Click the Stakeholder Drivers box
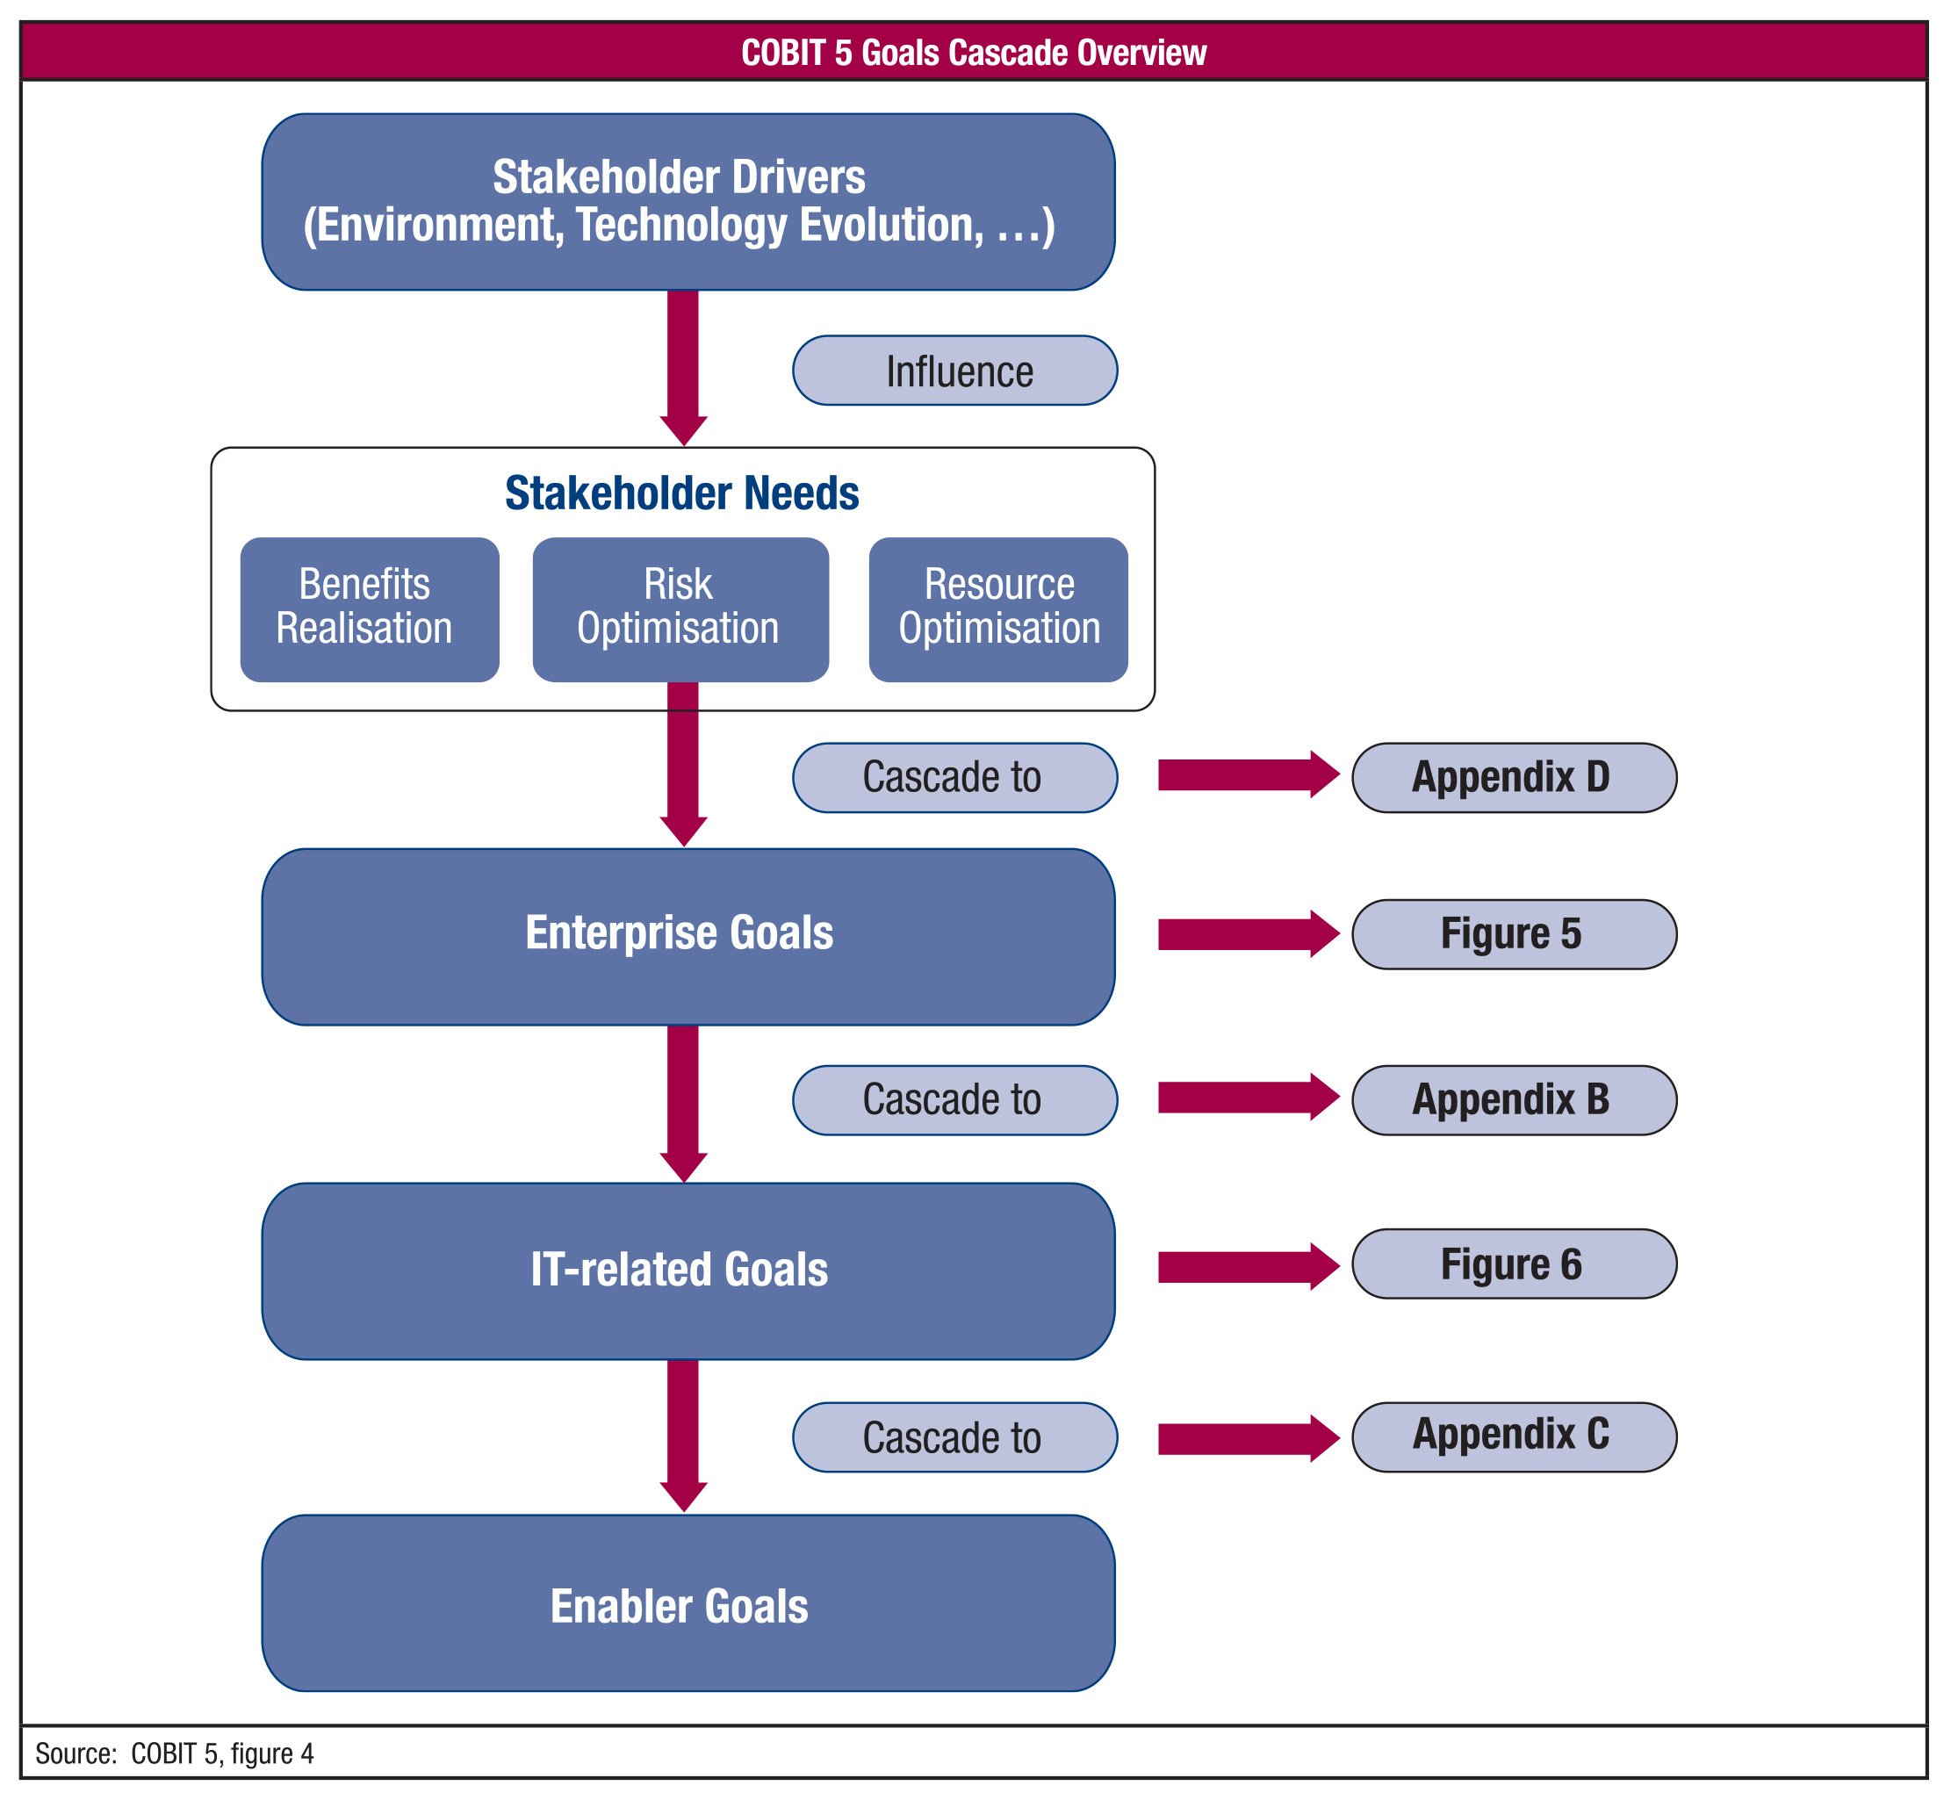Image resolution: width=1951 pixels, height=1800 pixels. tap(688, 202)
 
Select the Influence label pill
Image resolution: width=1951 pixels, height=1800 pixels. tap(954, 371)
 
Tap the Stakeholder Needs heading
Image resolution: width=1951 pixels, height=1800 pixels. tap(682, 493)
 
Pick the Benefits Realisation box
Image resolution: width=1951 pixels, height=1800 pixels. tap(371, 608)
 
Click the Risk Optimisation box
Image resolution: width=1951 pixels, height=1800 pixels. tap(680, 608)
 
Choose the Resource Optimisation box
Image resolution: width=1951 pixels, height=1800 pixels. tap(998, 608)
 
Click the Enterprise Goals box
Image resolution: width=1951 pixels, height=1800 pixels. tap(688, 936)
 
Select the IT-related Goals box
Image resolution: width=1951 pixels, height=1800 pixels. tap(688, 1271)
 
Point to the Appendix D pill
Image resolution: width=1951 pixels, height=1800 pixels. tap(1515, 777)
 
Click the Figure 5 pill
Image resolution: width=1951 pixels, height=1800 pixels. tap(1515, 934)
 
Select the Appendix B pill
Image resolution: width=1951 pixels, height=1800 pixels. tap(1515, 1099)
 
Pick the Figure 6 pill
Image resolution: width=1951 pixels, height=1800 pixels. tap(1515, 1264)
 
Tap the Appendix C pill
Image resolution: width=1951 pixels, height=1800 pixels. tap(1515, 1436)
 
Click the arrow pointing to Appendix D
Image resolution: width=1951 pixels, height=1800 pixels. tap(1249, 774)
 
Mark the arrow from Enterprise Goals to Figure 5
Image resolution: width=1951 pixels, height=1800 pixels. tap(1249, 934)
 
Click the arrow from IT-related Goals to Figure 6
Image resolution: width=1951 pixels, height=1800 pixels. tap(1249, 1266)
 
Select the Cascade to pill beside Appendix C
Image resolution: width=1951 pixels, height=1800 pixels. tap(954, 1436)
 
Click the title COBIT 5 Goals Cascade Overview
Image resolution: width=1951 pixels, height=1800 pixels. tap(974, 53)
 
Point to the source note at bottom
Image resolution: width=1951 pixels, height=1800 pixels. tap(175, 1753)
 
